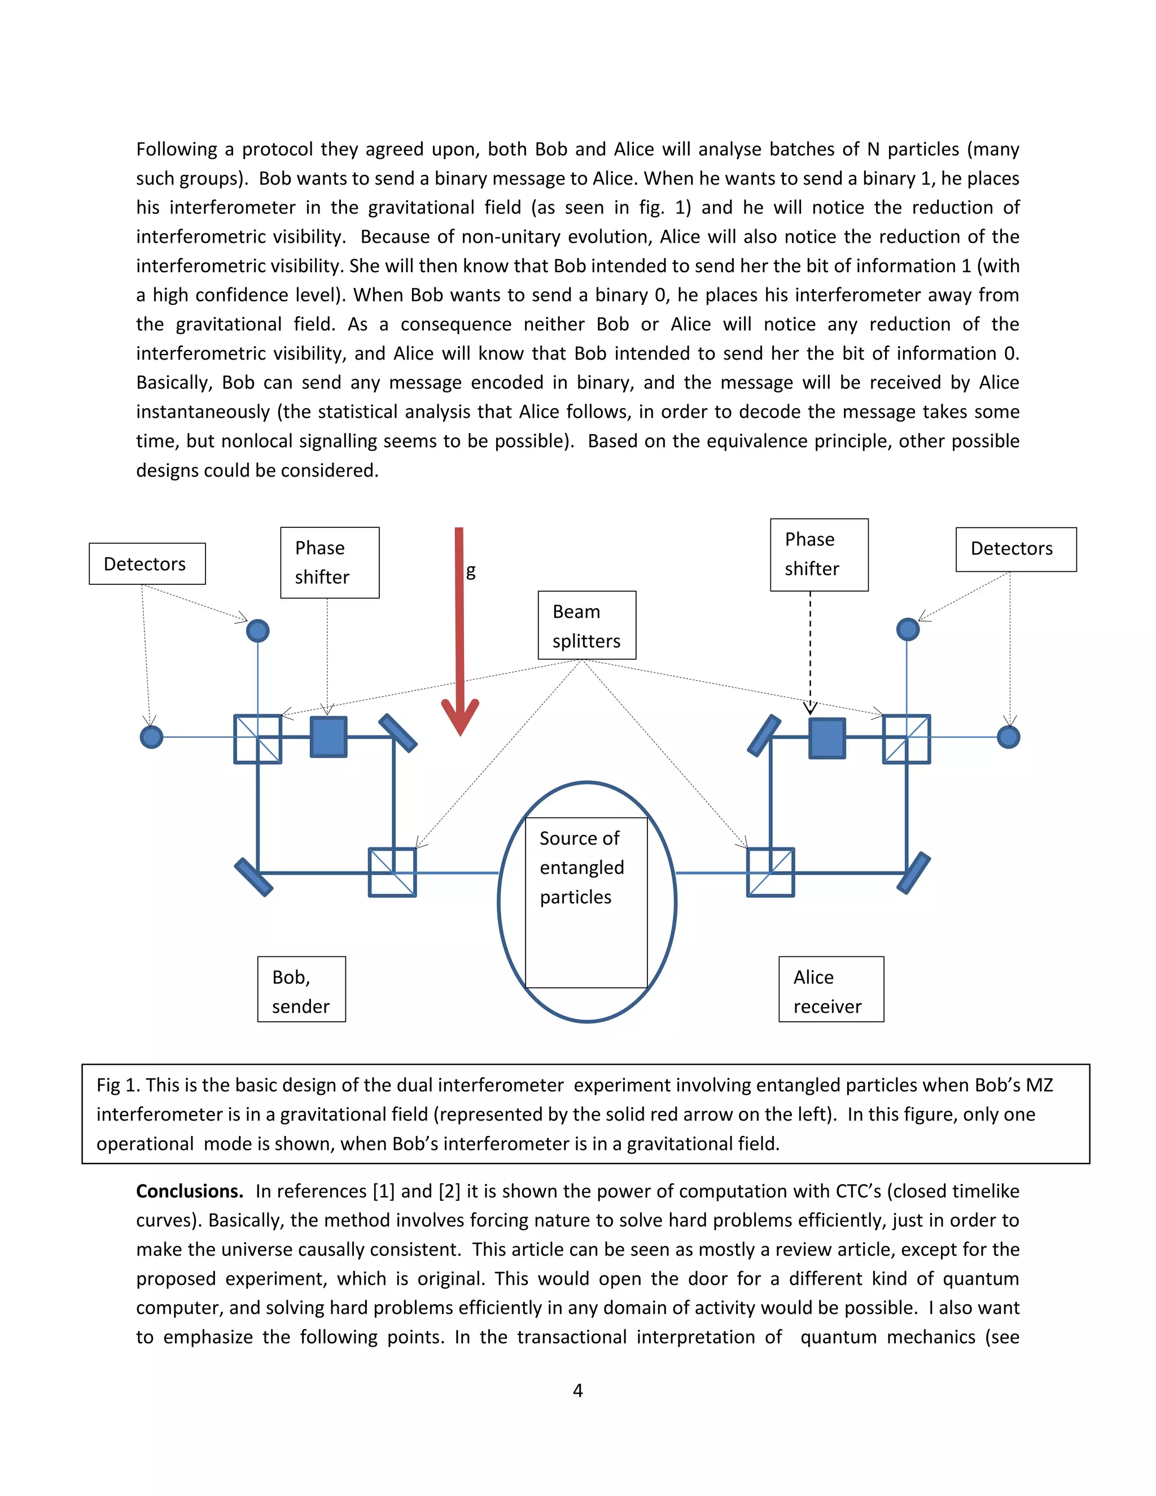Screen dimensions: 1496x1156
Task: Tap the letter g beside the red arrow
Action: click(x=471, y=571)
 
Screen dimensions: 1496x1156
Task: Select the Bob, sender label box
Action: click(x=301, y=990)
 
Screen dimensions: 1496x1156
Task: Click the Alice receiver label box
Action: click(x=831, y=990)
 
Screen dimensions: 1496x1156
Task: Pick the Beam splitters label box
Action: click(x=587, y=625)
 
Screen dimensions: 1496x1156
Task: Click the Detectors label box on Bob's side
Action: click(x=147, y=564)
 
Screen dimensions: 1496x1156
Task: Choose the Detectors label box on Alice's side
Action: click(x=1015, y=549)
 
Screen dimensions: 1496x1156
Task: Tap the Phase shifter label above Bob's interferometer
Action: click(x=330, y=562)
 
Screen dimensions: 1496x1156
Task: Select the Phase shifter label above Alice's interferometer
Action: click(x=819, y=554)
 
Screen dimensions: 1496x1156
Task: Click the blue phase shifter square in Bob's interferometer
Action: click(x=329, y=737)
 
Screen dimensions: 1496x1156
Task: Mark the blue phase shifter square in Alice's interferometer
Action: click(x=827, y=738)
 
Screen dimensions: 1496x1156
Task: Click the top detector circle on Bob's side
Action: click(x=257, y=630)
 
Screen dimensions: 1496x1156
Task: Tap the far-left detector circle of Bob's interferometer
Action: click(x=151, y=737)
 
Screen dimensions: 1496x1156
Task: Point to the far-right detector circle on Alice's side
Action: click(x=1008, y=737)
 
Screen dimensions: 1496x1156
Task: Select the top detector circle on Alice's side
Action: click(x=908, y=629)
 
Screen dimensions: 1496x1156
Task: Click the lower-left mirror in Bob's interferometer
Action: click(x=254, y=877)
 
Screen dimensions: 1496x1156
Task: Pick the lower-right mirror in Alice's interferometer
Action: click(x=914, y=873)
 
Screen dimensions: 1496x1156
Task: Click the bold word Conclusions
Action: click(x=190, y=1191)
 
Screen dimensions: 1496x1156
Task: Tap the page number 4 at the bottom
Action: click(x=578, y=1390)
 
